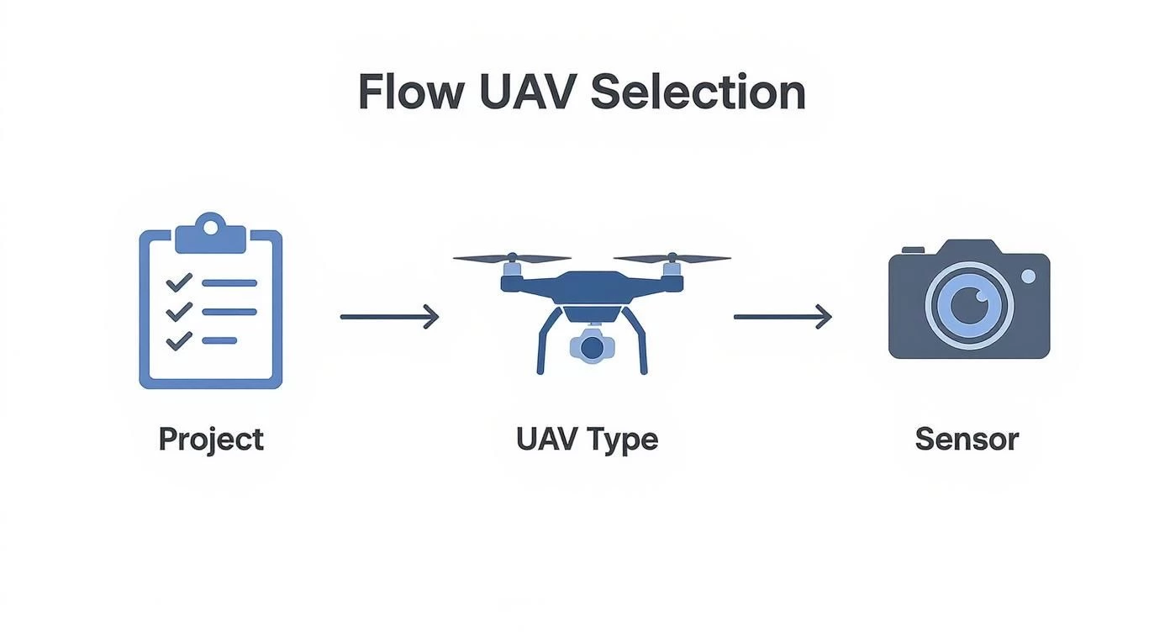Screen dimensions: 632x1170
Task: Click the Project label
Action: coord(211,439)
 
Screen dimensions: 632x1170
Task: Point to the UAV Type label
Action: coord(587,439)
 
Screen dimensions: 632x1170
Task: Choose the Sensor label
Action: coord(967,439)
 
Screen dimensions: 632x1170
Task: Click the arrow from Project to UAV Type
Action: coord(389,317)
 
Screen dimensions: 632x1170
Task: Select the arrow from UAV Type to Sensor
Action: coord(783,317)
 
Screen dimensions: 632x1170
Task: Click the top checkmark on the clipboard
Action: coord(179,283)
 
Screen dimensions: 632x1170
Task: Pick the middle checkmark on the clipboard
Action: coord(179,312)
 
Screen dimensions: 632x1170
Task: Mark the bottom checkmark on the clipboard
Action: coord(179,340)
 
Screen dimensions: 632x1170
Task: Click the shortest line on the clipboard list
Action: coord(219,340)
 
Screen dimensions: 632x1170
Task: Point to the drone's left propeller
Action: coord(512,259)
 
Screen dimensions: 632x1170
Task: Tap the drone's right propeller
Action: coord(672,259)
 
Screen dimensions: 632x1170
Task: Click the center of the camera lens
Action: coord(969,303)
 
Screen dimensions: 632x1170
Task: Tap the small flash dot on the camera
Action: coord(1028,276)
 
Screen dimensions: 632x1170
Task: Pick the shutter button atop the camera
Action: coord(913,249)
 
